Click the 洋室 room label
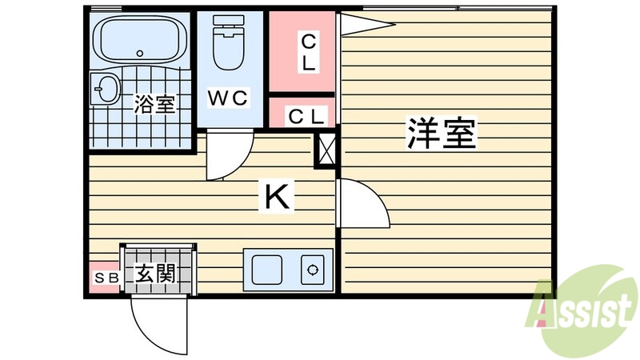pyautogui.click(x=442, y=134)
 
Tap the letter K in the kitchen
pyautogui.click(x=278, y=196)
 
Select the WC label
pyautogui.click(x=229, y=98)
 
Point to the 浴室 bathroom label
pyautogui.click(x=154, y=104)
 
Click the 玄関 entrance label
pyautogui.click(x=155, y=274)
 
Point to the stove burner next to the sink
pyautogui.click(x=312, y=269)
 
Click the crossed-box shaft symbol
pyautogui.click(x=327, y=150)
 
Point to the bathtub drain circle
pyautogui.click(x=141, y=54)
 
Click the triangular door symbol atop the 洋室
pyautogui.click(x=364, y=24)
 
